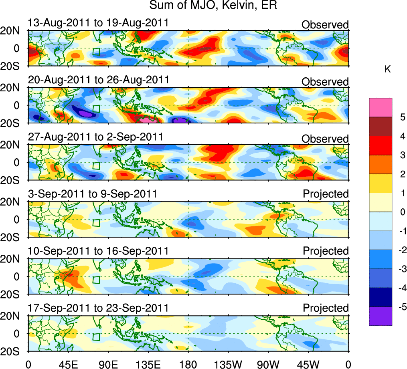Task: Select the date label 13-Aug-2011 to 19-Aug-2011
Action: (x=98, y=23)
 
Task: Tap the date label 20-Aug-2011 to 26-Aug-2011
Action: (x=98, y=80)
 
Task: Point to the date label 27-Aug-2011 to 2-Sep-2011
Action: (x=95, y=137)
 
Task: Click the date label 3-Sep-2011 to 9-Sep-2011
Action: (x=92, y=194)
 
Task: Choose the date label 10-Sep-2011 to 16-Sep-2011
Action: (x=98, y=251)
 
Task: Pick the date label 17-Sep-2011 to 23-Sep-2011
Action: (x=98, y=308)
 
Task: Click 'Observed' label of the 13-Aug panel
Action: (x=325, y=25)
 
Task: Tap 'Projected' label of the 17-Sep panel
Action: (x=326, y=308)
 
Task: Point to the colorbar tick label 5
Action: (x=402, y=117)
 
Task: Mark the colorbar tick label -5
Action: (x=401, y=307)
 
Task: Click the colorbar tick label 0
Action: (x=402, y=212)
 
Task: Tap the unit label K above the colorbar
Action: (x=387, y=69)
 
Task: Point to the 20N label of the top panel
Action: (x=13, y=31)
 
